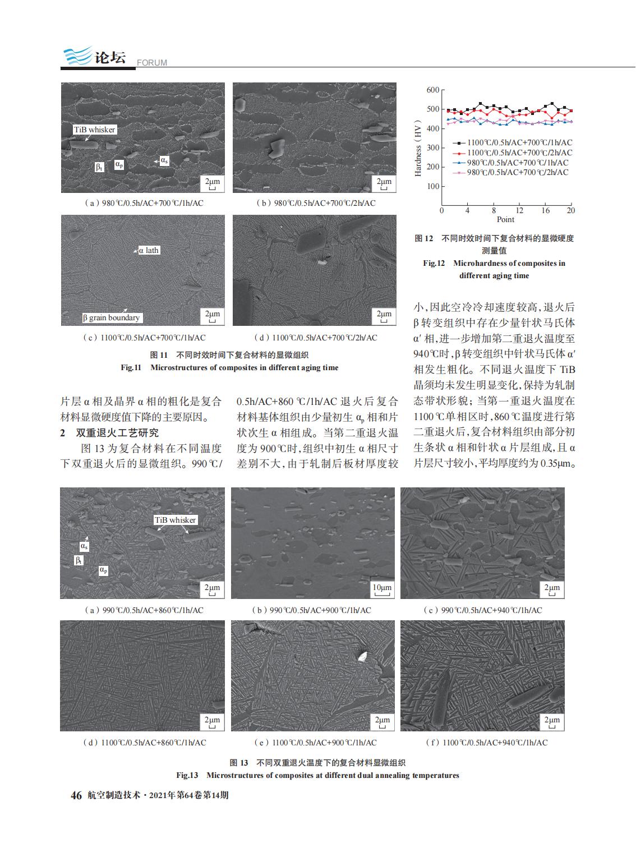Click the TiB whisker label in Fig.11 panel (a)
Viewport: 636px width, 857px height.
pos(94,130)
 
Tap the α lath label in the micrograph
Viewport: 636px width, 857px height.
pos(149,250)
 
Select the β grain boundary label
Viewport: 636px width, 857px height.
pos(111,317)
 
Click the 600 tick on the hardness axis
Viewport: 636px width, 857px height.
pos(432,90)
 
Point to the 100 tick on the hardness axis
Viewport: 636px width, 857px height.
pos(432,186)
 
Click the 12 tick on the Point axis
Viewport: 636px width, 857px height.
pos(519,210)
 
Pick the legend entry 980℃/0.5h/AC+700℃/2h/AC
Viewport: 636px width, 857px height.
pos(517,172)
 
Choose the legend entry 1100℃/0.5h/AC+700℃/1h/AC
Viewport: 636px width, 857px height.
pos(519,143)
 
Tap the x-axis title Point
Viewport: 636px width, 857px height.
pos(505,219)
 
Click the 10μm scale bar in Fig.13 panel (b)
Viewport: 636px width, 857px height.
pos(381,588)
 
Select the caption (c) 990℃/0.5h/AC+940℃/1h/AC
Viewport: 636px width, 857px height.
pos(482,610)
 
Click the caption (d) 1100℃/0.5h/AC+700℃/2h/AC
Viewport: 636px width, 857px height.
pos(316,338)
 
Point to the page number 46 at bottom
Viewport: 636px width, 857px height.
pos(76,795)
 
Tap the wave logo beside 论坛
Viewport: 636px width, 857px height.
pos(76,57)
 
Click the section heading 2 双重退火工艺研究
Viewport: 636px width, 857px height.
pos(109,433)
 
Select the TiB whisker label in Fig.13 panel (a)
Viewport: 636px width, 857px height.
pos(175,520)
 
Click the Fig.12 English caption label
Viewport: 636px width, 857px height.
pos(434,263)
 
